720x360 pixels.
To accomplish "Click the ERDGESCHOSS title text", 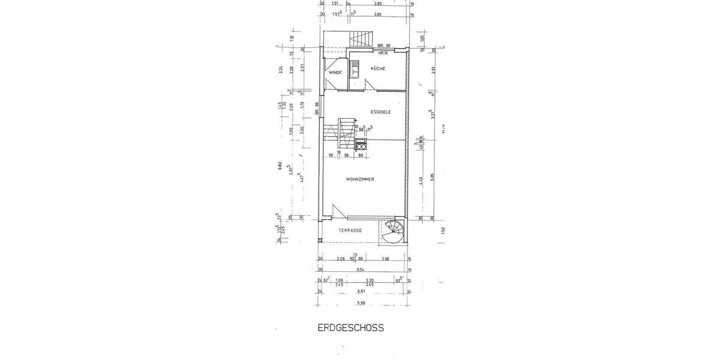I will pyautogui.click(x=350, y=328).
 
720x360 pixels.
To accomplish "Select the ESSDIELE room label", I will pyautogui.click(x=381, y=112).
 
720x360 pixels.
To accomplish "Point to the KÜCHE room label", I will pyautogui.click(x=378, y=69).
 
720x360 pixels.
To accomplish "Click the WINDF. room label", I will pyautogui.click(x=335, y=73).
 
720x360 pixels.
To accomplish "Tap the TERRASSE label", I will pyautogui.click(x=349, y=230).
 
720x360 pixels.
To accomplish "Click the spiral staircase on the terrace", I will pyautogui.click(x=394, y=232).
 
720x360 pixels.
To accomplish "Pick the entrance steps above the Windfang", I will pyautogui.click(x=362, y=38).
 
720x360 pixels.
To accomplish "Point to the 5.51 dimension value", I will pyautogui.click(x=361, y=292).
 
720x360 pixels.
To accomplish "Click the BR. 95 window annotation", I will pyautogui.click(x=384, y=46).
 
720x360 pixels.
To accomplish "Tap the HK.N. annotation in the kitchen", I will pyautogui.click(x=384, y=54).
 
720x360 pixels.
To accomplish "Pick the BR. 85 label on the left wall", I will pyautogui.click(x=317, y=109).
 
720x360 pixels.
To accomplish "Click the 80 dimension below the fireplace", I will pyautogui.click(x=361, y=155).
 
